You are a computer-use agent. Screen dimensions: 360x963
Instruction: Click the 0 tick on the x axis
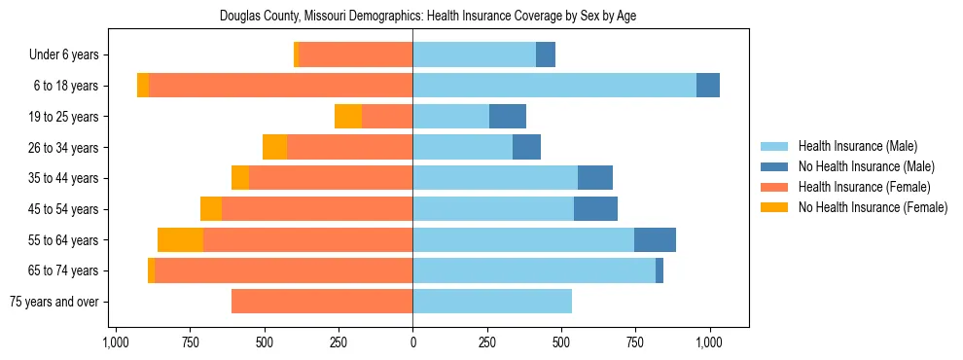pos(412,342)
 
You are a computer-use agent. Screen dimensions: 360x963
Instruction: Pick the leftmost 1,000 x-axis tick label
pos(116,342)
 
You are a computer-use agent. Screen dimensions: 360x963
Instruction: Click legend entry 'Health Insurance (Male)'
pos(857,146)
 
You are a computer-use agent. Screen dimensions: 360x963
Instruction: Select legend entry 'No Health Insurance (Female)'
pos(873,207)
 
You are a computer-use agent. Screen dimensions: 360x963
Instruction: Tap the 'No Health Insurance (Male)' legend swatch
pos(775,166)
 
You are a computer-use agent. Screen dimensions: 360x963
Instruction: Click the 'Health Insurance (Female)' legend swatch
pos(775,187)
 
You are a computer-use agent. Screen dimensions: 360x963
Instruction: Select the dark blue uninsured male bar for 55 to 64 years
pos(655,239)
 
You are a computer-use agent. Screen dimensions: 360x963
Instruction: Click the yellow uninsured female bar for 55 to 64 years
pos(180,239)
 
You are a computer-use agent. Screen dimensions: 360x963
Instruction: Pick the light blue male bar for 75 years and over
pos(492,302)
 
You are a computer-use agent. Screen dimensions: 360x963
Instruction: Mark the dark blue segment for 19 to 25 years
pos(507,117)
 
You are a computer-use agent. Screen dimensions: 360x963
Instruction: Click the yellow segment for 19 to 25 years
pos(348,117)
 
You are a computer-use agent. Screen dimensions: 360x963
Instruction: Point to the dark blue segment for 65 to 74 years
pos(660,270)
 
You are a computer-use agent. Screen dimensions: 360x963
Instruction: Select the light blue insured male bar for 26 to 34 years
pos(462,147)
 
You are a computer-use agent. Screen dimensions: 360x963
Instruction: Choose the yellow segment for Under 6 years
pos(297,54)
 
